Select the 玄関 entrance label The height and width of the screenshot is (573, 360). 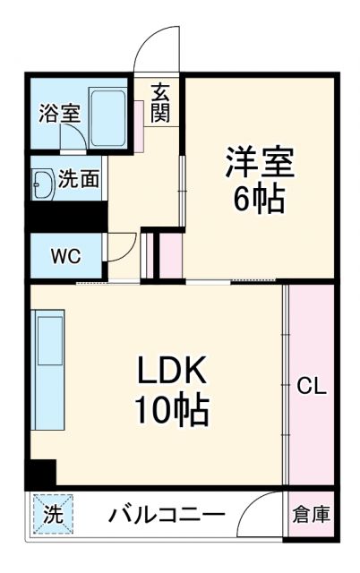160,103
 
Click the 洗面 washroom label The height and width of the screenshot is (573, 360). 77,179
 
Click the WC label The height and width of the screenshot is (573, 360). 64,256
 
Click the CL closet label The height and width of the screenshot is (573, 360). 312,388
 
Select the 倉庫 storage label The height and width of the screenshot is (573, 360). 312,515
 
